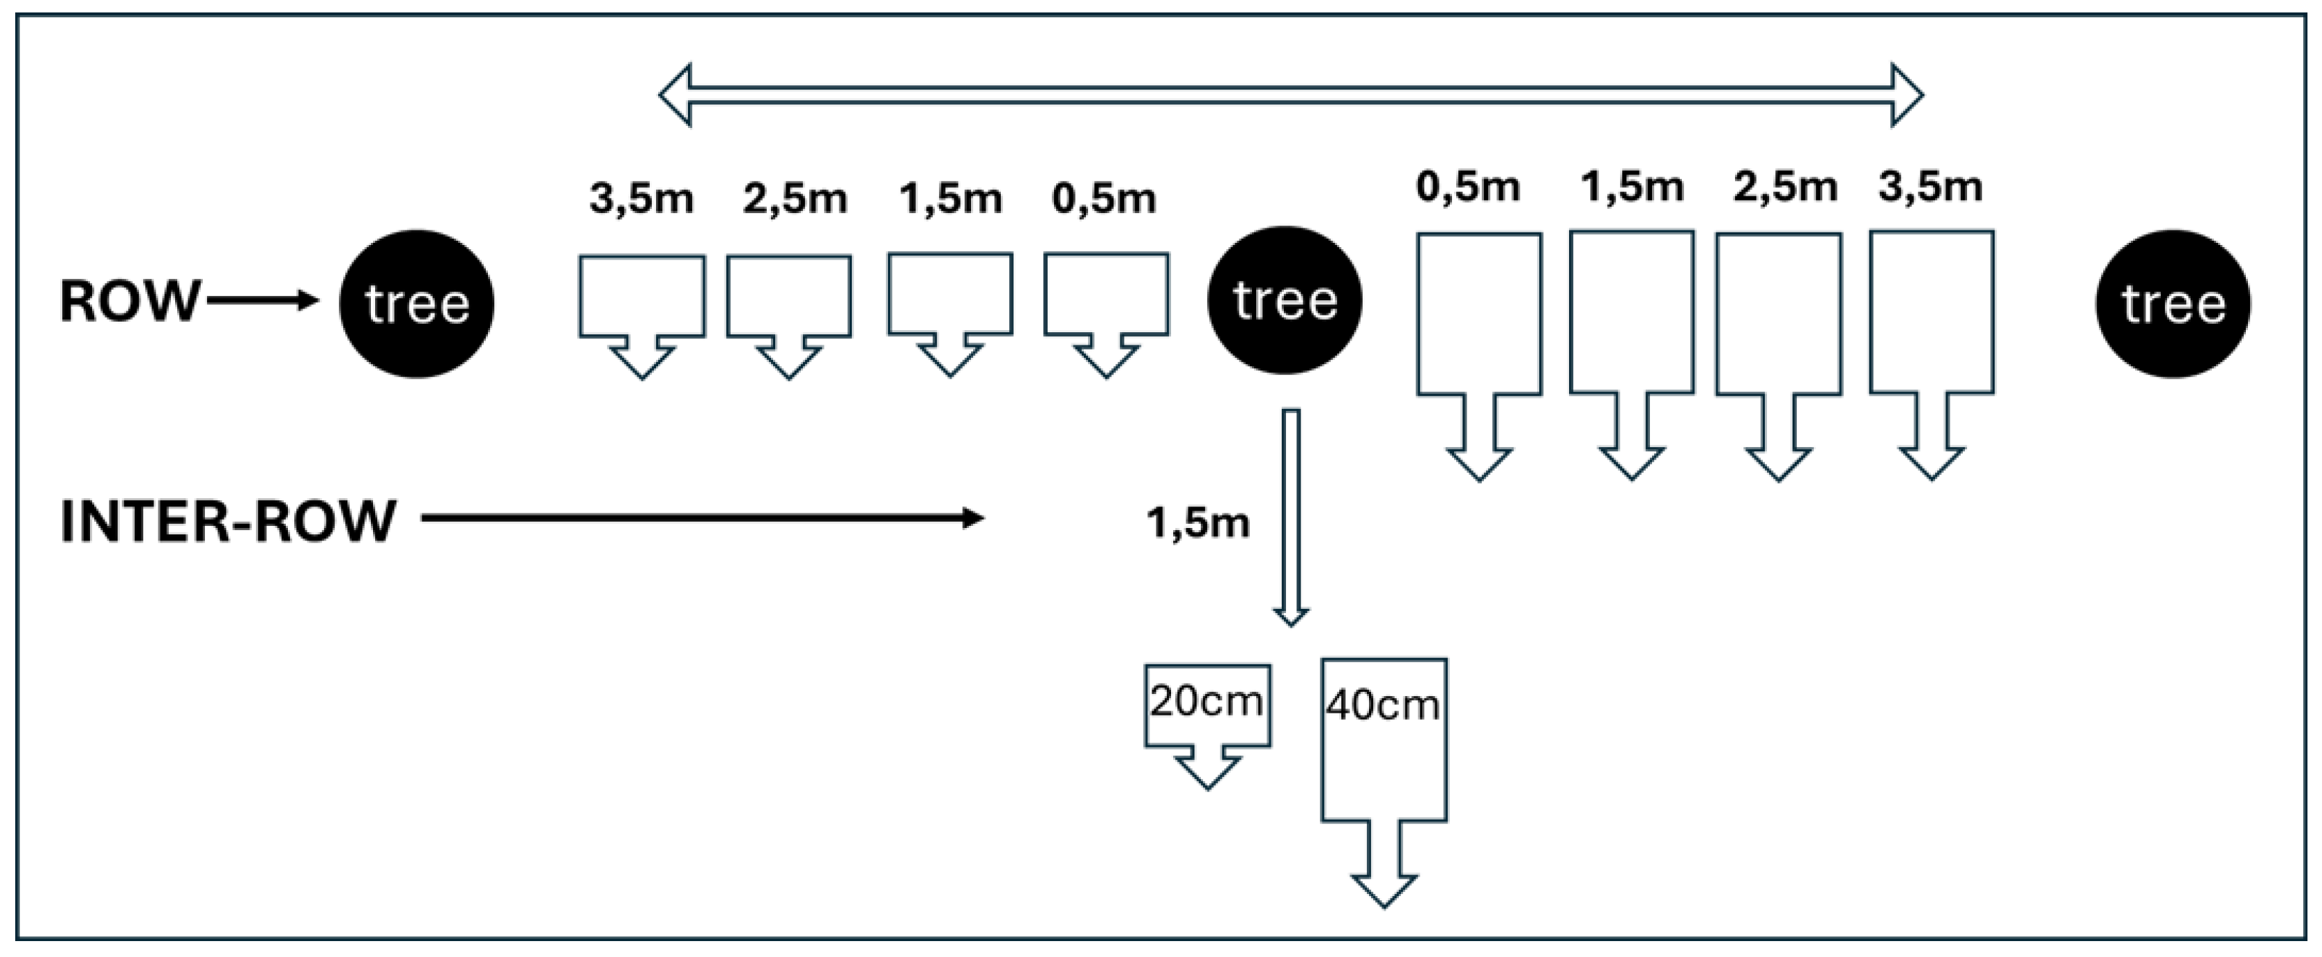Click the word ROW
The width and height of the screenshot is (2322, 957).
pyautogui.click(x=129, y=301)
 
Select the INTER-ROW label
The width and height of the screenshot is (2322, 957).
pyautogui.click(x=228, y=521)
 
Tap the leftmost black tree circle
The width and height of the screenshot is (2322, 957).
pyautogui.click(x=417, y=304)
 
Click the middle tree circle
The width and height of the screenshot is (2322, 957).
pyautogui.click(x=1285, y=300)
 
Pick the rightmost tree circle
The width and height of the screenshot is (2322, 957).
pyautogui.click(x=2173, y=304)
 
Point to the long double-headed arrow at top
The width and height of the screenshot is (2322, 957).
pyautogui.click(x=1291, y=95)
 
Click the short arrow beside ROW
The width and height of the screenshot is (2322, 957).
pyautogui.click(x=262, y=301)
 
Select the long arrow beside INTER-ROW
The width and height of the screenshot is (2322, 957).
pyautogui.click(x=702, y=518)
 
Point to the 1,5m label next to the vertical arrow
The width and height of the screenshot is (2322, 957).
pyautogui.click(x=1198, y=522)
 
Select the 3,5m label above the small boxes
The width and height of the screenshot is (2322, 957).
pyautogui.click(x=642, y=198)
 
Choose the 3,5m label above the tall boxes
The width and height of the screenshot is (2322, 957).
pyautogui.click(x=1931, y=188)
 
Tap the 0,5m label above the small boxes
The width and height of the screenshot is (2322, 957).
pyautogui.click(x=1104, y=198)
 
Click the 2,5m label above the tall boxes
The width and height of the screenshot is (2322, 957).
pyautogui.click(x=1785, y=188)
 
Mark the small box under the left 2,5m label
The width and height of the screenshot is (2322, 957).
pyautogui.click(x=789, y=298)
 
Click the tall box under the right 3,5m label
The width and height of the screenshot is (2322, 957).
pyautogui.click(x=1932, y=313)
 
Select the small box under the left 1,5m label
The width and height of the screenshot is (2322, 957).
pyautogui.click(x=950, y=295)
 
